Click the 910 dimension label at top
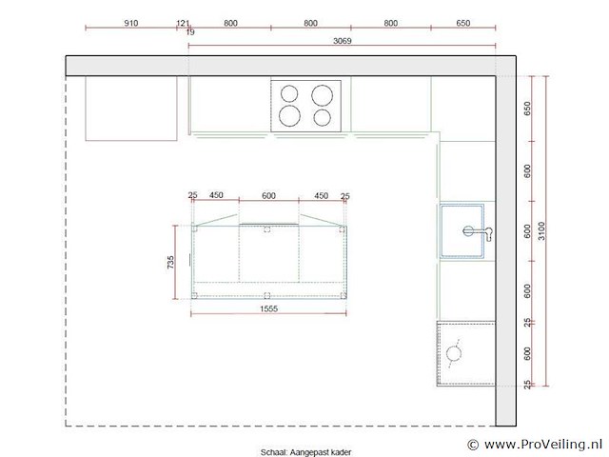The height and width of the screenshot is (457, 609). coord(131,23)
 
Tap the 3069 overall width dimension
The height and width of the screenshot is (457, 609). coord(343,40)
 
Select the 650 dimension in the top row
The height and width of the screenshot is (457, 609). coord(463,23)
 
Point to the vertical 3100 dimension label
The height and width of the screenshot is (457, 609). coord(541,230)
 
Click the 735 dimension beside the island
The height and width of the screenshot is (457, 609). coord(170,263)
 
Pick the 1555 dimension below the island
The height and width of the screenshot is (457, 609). coord(268,308)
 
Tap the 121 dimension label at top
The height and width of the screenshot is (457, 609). coord(183,23)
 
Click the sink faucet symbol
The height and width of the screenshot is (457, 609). coord(478,232)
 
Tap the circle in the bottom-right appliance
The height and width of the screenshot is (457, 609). coord(454,353)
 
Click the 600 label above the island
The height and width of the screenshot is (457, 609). coord(268,195)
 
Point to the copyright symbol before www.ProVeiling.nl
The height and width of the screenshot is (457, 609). coord(473,445)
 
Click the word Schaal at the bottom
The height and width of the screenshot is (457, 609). coord(273,452)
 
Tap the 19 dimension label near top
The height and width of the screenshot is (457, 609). coord(190,32)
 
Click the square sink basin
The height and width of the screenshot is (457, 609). coord(462,230)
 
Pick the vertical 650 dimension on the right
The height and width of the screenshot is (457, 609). coord(527,109)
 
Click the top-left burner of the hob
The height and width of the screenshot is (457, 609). coord(289,93)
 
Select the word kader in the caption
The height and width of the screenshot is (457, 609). coord(342,452)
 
